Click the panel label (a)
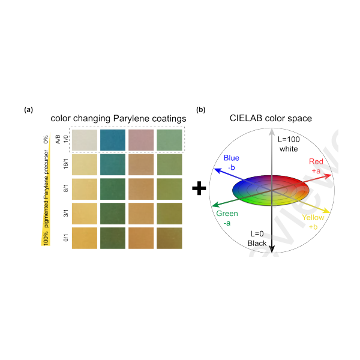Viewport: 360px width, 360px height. coord(28,110)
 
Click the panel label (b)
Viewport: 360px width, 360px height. coord(202,110)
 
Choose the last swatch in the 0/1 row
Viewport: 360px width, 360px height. coord(170,238)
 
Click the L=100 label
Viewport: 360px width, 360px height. coord(289,139)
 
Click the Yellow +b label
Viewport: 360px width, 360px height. coord(314,222)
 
